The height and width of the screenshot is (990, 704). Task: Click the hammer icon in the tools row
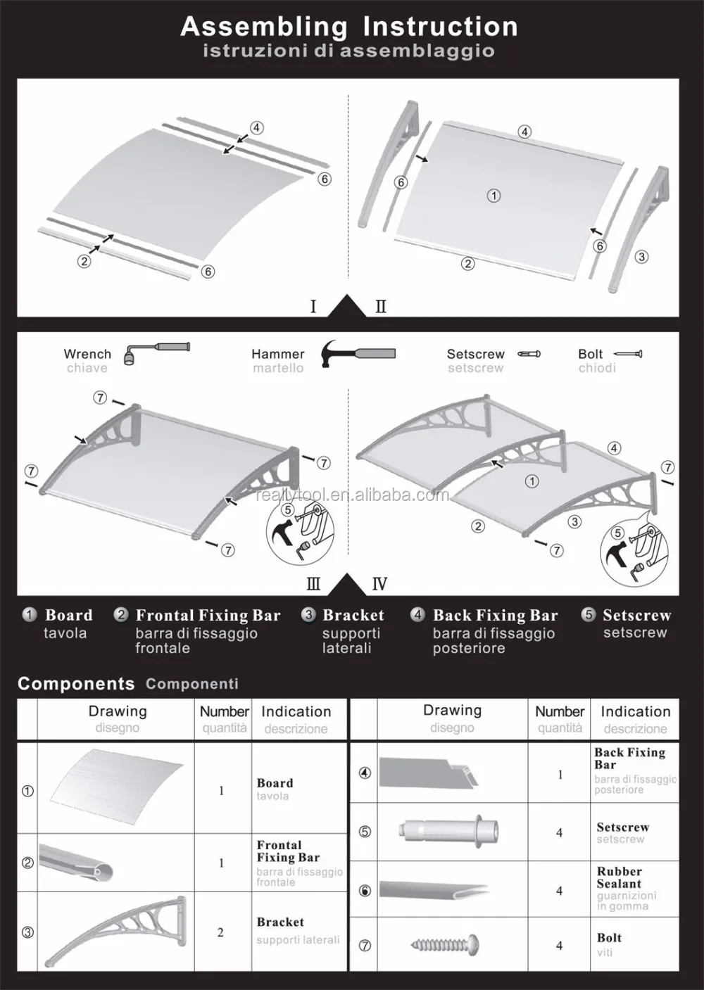358,353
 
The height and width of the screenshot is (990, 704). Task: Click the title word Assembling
264,27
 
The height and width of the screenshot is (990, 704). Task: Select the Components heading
76,683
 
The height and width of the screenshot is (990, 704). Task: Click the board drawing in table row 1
117,787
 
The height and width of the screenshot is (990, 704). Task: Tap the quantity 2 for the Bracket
220,932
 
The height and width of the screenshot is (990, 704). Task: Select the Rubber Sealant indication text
619,877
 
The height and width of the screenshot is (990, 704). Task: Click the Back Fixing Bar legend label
495,616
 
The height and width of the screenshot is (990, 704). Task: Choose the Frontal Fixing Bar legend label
208,616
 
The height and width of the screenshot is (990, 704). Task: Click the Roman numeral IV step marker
379,584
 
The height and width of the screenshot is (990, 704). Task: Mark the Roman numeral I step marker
313,307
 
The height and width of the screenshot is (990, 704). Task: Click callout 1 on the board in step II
494,196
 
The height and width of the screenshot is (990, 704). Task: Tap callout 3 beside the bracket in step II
641,257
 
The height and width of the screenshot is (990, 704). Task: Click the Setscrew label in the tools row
475,354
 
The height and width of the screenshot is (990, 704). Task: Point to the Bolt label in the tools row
591,354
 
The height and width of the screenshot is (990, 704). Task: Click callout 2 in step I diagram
84,262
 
